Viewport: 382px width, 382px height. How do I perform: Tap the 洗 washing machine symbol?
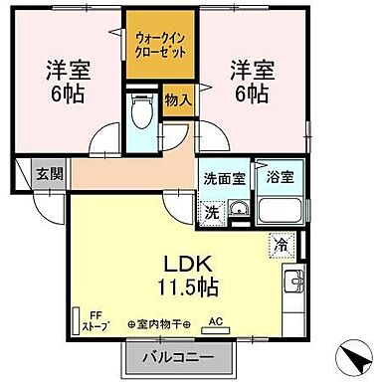[x=211, y=211]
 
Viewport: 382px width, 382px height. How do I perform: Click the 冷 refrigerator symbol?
[x=283, y=242]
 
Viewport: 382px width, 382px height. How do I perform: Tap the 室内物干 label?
[x=159, y=323]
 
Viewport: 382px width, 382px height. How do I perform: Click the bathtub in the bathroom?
[x=278, y=210]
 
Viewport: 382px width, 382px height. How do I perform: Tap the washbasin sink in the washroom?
[x=239, y=209]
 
